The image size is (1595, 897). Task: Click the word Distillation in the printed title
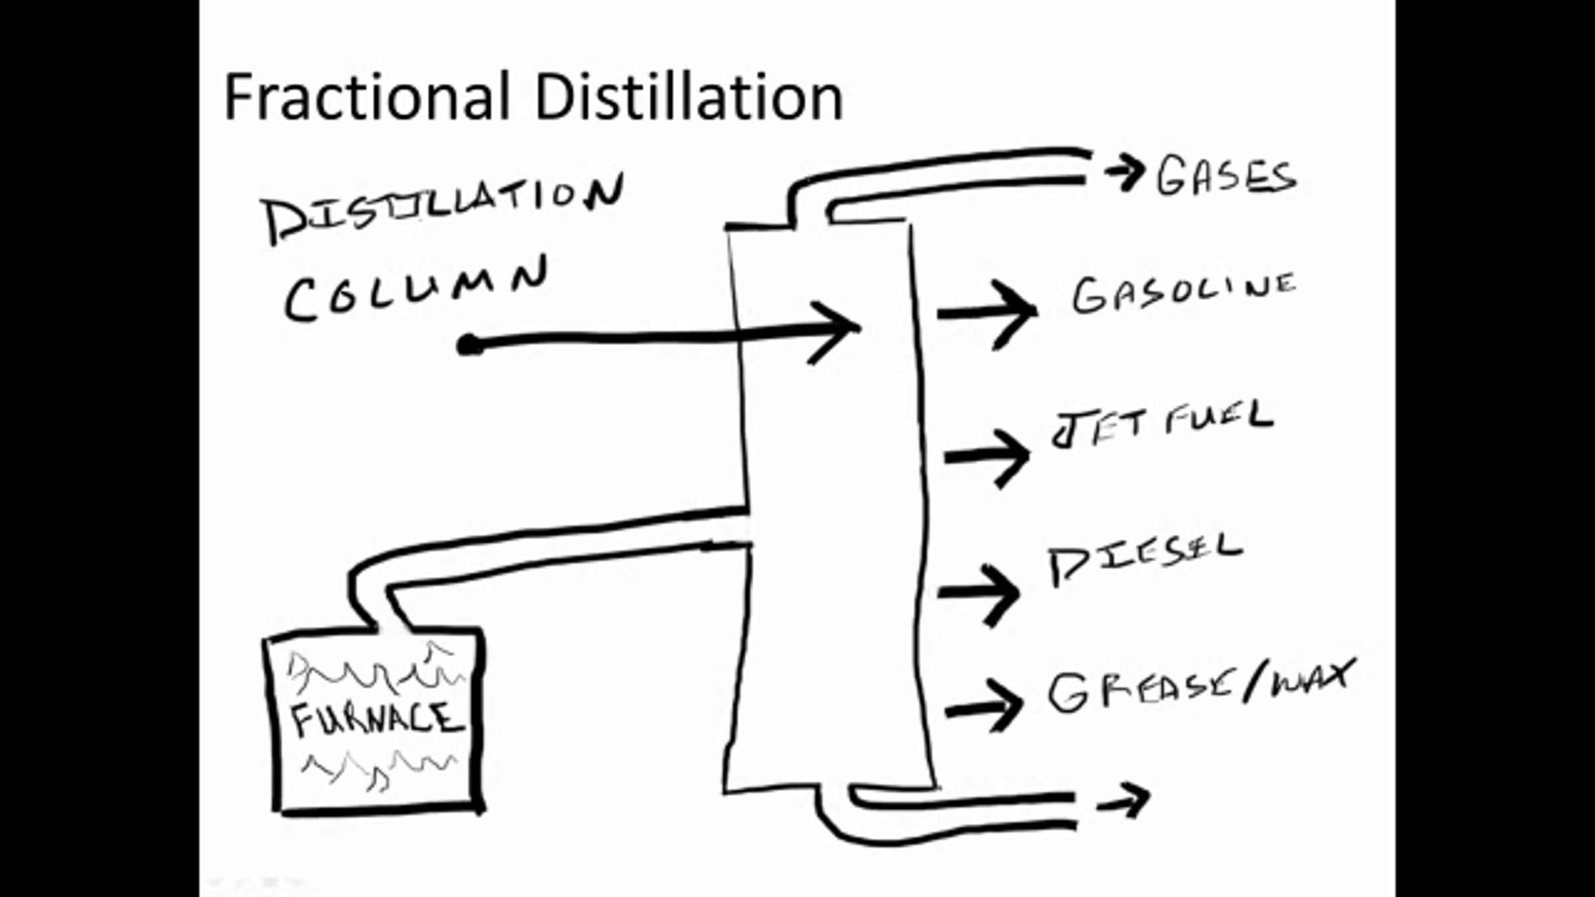click(689, 97)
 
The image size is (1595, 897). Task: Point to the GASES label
click(1226, 176)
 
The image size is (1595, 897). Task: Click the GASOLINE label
click(1184, 293)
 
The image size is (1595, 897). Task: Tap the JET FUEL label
click(1162, 423)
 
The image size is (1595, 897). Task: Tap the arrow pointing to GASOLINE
click(988, 312)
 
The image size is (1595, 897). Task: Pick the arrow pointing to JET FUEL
click(988, 456)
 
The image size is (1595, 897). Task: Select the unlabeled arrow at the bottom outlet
click(1123, 801)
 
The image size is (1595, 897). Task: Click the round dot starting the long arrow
click(470, 345)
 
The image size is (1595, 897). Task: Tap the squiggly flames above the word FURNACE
click(375, 668)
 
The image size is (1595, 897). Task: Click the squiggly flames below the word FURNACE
click(379, 769)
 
